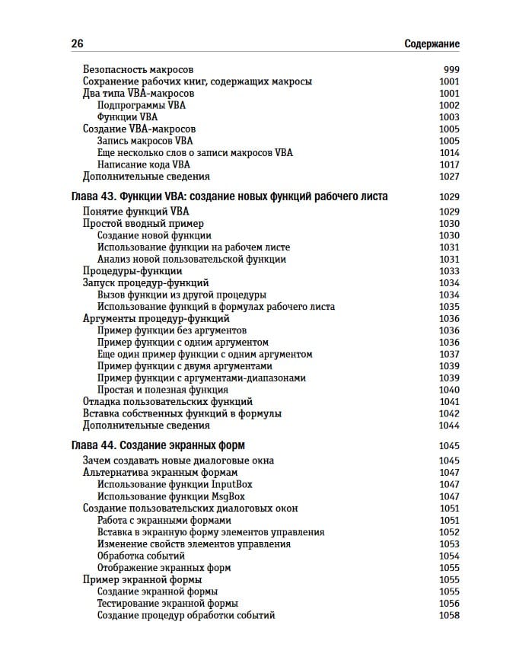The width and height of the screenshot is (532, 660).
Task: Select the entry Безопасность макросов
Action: coord(138,69)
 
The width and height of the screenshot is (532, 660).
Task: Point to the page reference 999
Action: coord(451,69)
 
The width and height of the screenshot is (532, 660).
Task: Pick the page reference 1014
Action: coord(449,152)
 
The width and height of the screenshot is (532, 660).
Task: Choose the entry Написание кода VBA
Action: coord(144,164)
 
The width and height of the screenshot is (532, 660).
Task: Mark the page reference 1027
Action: coord(449,177)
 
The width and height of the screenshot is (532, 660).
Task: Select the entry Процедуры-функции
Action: coord(132,271)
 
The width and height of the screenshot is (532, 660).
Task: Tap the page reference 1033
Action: coord(449,271)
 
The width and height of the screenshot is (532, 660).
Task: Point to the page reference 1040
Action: coord(449,390)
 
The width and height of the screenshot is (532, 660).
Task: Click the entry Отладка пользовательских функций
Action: coord(167,401)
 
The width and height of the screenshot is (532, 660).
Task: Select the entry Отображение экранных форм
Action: coord(164,567)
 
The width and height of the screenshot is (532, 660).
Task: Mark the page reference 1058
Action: coord(449,615)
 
